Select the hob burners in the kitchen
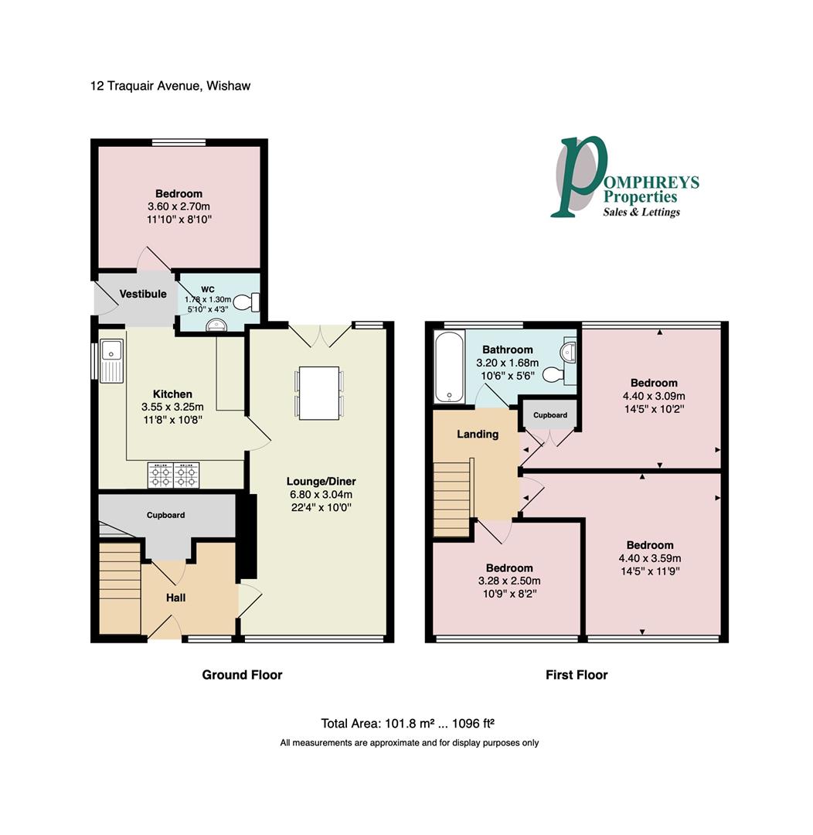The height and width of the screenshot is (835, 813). pos(174,475)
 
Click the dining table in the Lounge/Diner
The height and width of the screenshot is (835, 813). pos(318,393)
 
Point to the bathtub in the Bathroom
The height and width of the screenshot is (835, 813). pos(447,367)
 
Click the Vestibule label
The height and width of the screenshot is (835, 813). pos(143,295)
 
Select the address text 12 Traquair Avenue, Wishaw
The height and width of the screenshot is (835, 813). pos(170,86)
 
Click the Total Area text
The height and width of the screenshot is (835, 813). pos(407,724)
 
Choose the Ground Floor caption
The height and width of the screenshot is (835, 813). pos(242,675)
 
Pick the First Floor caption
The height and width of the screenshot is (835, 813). pos(577,675)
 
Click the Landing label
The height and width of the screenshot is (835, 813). pos(478,434)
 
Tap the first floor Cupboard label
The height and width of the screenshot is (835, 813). pos(550,415)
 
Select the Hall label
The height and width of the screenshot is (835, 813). pos(175,598)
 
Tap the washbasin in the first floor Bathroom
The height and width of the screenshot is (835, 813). pos(570,353)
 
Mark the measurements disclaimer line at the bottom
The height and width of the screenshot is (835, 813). pos(409,743)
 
